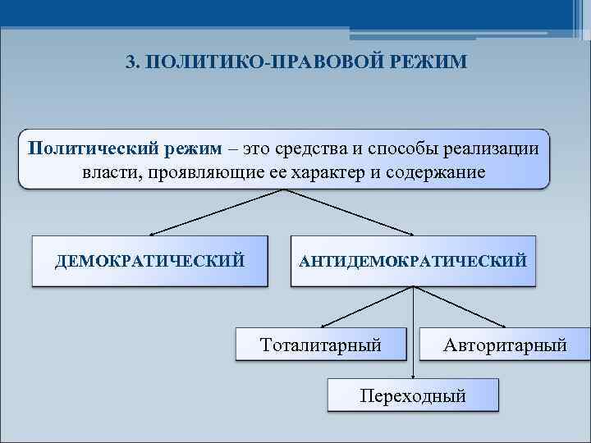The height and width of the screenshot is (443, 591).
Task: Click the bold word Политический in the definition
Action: click(81, 149)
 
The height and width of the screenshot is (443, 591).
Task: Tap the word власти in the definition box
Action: click(109, 173)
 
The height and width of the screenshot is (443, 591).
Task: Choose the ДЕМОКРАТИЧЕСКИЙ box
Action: click(149, 262)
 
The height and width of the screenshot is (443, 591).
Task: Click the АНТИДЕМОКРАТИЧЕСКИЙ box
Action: click(413, 262)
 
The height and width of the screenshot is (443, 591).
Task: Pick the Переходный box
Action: click(413, 395)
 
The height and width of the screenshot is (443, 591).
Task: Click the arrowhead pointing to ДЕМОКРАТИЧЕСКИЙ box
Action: click(153, 235)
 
